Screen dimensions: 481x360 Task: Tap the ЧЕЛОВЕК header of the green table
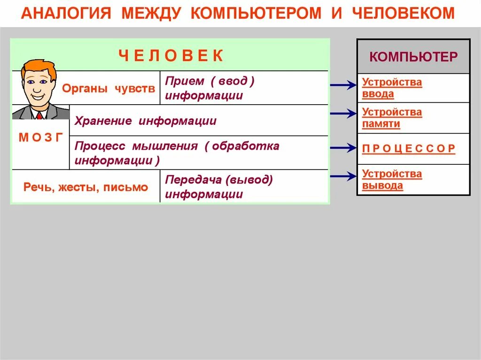171,56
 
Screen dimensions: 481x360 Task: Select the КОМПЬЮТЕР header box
413,57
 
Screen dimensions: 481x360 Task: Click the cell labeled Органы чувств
109,88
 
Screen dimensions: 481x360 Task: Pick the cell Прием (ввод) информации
209,88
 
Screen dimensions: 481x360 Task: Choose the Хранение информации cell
146,121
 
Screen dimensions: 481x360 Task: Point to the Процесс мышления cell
177,153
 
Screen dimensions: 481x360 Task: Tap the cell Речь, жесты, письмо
85,187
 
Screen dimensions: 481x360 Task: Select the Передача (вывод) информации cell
219,186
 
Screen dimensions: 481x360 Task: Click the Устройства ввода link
392,88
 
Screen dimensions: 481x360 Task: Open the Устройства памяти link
392,118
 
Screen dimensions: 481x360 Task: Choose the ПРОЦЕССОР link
409,149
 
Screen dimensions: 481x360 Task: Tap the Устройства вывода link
392,180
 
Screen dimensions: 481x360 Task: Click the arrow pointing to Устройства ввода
343,85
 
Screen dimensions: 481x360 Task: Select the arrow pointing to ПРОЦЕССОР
343,148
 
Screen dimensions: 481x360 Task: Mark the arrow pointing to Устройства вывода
343,176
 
